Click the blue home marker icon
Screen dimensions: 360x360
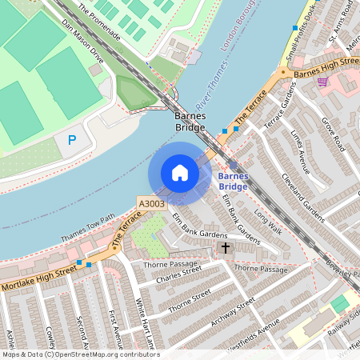pos(180,173)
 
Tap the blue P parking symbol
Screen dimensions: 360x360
pos(72,141)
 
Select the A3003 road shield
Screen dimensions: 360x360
pos(150,204)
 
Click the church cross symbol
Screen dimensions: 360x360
pos(225,249)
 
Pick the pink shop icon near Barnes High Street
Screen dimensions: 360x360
pos(322,82)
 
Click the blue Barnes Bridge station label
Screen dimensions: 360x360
pos(233,181)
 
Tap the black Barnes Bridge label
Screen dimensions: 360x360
pos(190,122)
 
